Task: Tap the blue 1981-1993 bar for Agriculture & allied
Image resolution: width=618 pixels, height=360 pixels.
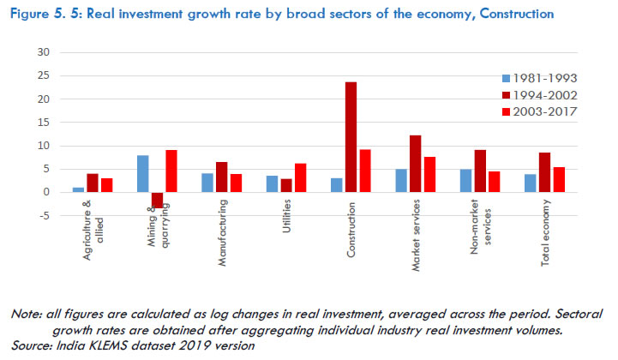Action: click(x=79, y=189)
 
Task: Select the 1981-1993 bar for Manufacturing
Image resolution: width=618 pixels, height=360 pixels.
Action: click(x=207, y=183)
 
